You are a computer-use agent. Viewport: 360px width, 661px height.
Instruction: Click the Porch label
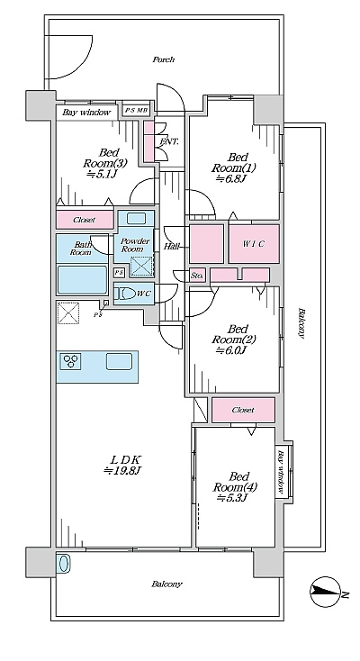pos(163,59)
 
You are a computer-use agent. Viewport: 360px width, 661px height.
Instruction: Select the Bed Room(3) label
pos(104,163)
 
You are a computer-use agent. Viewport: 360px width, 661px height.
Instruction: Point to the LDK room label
pos(124,465)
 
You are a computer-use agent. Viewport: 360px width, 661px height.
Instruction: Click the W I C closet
pos(254,244)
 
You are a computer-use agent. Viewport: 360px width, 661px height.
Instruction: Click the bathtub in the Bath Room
pos(82,279)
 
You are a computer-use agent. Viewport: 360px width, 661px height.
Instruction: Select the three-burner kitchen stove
pos(70,361)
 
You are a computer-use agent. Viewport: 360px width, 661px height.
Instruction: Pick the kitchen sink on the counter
pos(119,361)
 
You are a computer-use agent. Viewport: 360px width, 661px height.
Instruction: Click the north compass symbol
pos(325,592)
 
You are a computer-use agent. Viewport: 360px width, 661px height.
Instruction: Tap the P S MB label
pos(136,111)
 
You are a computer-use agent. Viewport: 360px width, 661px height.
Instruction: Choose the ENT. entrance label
pos(169,142)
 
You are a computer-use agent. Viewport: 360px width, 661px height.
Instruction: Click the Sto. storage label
pos(197,276)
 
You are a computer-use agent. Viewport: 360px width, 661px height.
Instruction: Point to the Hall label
pos(171,246)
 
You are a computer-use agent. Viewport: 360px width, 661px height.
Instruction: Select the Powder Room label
pos(135,245)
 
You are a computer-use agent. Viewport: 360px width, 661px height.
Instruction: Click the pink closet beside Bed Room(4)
pos(243,410)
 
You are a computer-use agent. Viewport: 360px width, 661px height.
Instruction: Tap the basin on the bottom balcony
pos(63,563)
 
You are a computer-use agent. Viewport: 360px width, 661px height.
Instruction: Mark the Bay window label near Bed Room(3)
pos(86,113)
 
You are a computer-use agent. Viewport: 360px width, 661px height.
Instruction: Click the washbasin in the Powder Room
pos(136,218)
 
